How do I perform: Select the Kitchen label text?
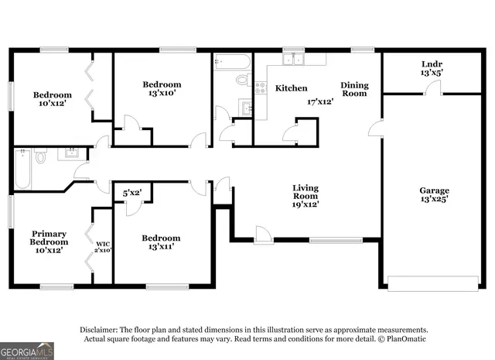(x=291, y=88)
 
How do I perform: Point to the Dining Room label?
(x=354, y=88)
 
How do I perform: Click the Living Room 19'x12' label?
(x=306, y=196)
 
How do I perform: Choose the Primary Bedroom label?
(x=48, y=241)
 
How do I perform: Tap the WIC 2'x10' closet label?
(x=102, y=246)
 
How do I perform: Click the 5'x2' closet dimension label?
(x=132, y=192)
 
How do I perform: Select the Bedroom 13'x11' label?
(x=161, y=242)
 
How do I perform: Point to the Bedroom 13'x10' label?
(x=162, y=89)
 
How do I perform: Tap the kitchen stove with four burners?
(x=261, y=87)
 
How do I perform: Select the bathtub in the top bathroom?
(x=231, y=61)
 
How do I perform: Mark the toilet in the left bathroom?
(x=40, y=156)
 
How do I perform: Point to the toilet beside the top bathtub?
(x=242, y=79)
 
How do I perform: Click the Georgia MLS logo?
(x=27, y=351)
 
